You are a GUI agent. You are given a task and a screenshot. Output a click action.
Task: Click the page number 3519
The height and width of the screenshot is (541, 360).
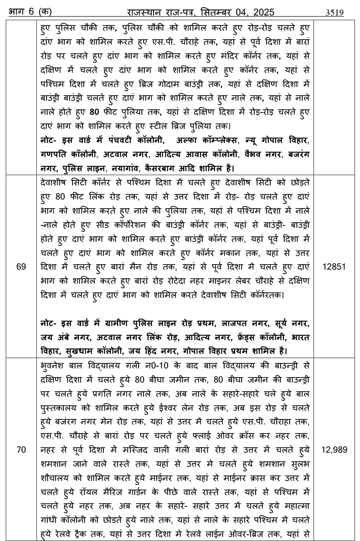pos(334,12)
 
